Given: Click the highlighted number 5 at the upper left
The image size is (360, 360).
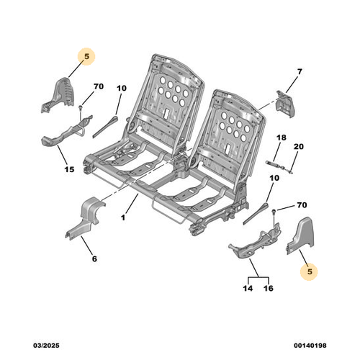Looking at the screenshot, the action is point(86,56).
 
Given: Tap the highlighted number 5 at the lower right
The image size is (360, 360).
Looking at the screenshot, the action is point(310,271).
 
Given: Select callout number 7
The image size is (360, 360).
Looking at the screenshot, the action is point(300,71).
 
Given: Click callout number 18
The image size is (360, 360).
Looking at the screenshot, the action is point(282,138).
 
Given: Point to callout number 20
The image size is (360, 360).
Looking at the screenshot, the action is point(299,146).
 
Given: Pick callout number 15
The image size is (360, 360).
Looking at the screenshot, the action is point(69,169).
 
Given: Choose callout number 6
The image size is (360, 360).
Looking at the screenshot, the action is point(94,258).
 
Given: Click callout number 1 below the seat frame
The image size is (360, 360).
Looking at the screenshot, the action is point(123,217).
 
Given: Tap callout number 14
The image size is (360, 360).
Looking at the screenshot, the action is point(248,288).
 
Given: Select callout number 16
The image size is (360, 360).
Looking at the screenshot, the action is point(269,288).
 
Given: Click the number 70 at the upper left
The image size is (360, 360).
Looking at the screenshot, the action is point(99,86).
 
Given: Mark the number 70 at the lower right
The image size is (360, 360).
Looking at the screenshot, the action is point(302,205).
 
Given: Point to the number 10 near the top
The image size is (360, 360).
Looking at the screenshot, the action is point(122,89).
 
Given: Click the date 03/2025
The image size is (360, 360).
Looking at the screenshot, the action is point(46,346).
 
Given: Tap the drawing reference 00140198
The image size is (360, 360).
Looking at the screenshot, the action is point(310,346).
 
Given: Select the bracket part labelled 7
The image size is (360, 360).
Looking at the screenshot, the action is point(286,104).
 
